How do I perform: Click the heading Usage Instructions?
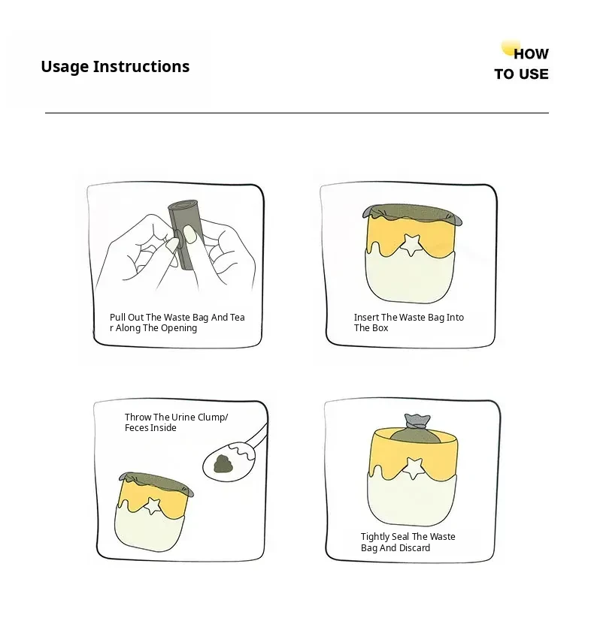pos(115,67)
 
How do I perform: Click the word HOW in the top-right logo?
pos(532,54)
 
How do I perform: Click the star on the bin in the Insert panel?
pos(411,244)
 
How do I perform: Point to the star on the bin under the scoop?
pos(153,505)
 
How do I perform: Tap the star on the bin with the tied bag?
pos(414,467)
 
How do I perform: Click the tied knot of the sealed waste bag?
pos(417,422)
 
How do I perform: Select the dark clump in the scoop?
pos(223,463)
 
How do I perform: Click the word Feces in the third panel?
pos(135,428)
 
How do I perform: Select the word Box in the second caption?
pos(380,328)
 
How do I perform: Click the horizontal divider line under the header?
pos(297,113)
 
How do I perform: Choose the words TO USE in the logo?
pos(521,74)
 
